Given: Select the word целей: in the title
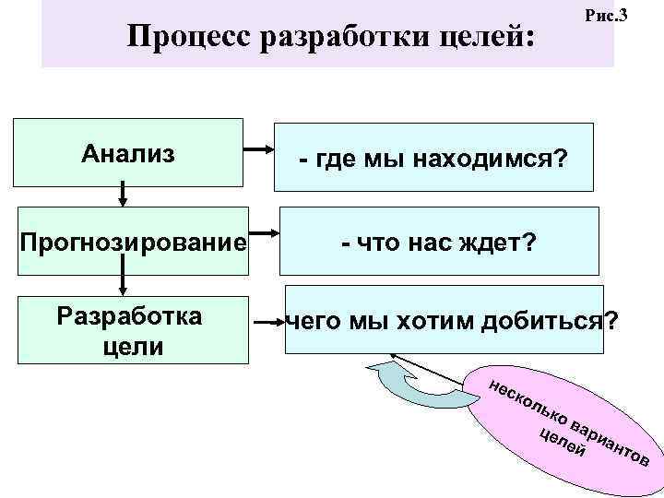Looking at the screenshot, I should click(485, 38).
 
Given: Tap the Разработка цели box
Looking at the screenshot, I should click(128, 329).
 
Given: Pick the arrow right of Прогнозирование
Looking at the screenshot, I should click(266, 235).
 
